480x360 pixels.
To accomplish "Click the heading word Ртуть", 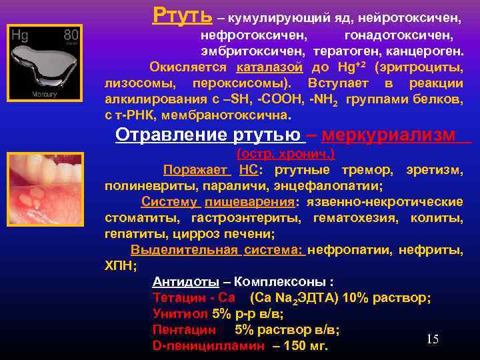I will coord(183,14).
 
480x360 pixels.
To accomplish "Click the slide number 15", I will coord(433,339).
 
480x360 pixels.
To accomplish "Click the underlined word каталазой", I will coord(270,67).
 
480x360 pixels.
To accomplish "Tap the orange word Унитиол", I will coord(180,313).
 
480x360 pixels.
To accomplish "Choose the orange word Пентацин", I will coord(184,329).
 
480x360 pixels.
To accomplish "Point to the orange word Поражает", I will coord(198,169).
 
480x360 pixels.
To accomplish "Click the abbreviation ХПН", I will coord(119,265).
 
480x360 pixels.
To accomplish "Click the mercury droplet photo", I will coord(45,63).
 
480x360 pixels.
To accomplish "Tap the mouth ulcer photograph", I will coord(45,187).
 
